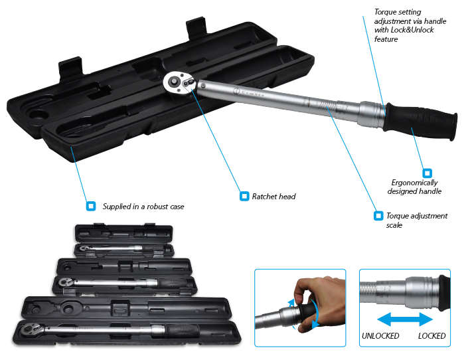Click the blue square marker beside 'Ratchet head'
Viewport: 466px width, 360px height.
(x=244, y=196)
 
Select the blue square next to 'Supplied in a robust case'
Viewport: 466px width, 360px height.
(x=91, y=206)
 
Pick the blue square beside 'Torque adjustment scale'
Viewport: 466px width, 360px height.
(x=378, y=215)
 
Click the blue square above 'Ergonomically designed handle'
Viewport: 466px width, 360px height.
(x=427, y=173)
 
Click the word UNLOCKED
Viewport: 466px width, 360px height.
(x=380, y=335)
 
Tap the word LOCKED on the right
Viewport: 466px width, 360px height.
(x=431, y=335)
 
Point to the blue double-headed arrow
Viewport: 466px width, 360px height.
(x=405, y=319)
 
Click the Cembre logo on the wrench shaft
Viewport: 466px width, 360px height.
(x=249, y=92)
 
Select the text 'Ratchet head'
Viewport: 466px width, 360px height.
(x=273, y=196)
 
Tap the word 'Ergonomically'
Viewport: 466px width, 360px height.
(x=414, y=182)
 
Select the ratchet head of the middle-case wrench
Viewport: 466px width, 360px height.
(x=64, y=282)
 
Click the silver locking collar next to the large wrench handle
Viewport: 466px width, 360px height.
(x=372, y=114)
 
